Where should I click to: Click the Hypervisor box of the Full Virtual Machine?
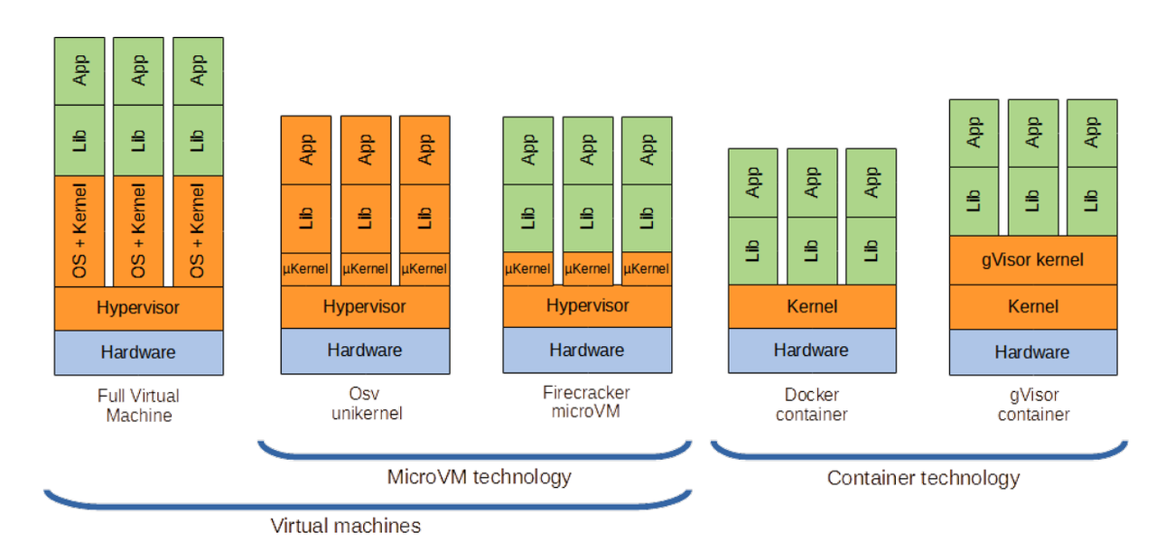click(x=138, y=308)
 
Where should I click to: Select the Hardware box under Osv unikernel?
click(x=365, y=351)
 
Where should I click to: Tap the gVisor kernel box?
click(x=1033, y=260)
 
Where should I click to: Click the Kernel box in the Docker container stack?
click(x=812, y=306)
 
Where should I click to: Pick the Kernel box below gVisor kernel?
click(x=1033, y=306)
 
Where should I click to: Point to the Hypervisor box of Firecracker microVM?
click(x=587, y=305)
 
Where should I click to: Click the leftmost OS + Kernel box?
click(x=79, y=230)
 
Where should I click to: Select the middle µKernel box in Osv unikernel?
click(x=365, y=268)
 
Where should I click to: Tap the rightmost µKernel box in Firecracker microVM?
click(x=647, y=268)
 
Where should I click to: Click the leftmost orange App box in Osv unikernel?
click(x=306, y=150)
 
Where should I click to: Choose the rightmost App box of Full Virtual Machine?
click(x=198, y=70)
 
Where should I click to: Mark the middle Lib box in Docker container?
click(x=812, y=250)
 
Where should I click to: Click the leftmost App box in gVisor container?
click(x=974, y=133)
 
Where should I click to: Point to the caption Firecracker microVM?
click(x=586, y=403)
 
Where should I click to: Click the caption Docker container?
click(x=811, y=405)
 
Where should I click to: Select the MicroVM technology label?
click(x=479, y=476)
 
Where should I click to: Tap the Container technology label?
click(x=923, y=478)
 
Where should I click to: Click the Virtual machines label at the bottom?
click(x=345, y=525)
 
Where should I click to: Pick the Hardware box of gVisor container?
click(x=1033, y=352)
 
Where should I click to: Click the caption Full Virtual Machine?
click(x=138, y=406)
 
